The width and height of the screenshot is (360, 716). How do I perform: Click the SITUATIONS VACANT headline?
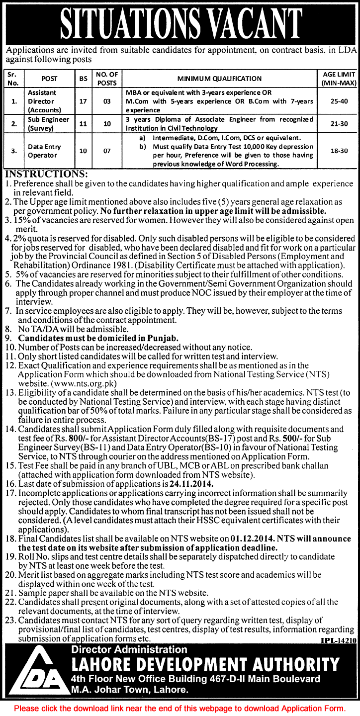pyautogui.click(x=180, y=22)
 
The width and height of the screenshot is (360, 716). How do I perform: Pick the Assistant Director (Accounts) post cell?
pyautogui.click(x=42, y=101)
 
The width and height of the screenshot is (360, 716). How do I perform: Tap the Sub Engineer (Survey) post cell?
pyautogui.click(x=42, y=123)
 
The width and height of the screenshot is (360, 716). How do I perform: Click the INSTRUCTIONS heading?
pyautogui.click(x=46, y=175)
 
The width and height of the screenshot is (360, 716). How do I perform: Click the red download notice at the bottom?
pyautogui.click(x=180, y=708)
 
